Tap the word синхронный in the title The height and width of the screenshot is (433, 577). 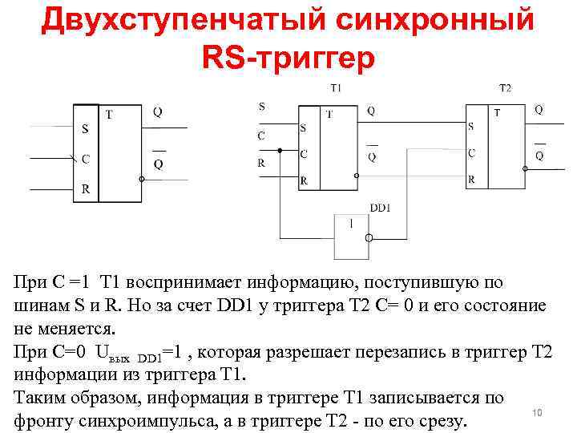434,20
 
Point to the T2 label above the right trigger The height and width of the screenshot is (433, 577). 505,87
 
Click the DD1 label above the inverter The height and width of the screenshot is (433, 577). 381,208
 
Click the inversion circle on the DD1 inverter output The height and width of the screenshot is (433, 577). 369,238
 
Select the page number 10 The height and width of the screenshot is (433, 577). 538,412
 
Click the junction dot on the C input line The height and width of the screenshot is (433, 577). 280,150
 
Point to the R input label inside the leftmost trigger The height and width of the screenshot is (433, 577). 86,190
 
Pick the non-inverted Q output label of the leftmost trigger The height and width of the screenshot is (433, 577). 158,113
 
